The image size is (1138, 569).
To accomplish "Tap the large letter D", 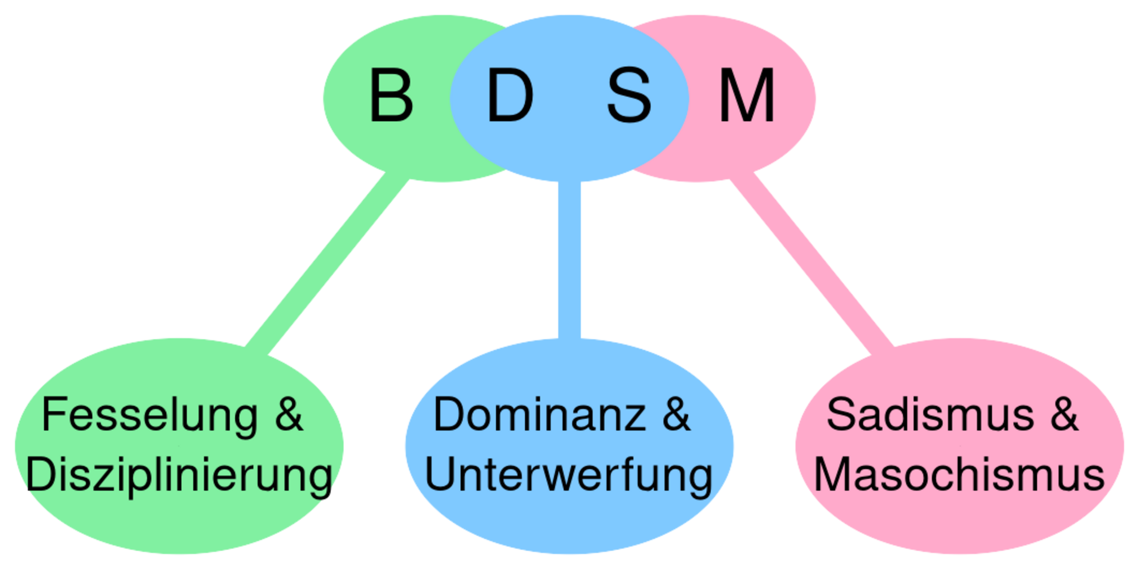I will coord(510,96).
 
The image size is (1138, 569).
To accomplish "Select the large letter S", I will coord(629,96).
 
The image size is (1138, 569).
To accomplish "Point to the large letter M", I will coord(747,96).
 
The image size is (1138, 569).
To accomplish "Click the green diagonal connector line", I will coord(327,262).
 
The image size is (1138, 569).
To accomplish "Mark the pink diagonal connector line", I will coord(811,262).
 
